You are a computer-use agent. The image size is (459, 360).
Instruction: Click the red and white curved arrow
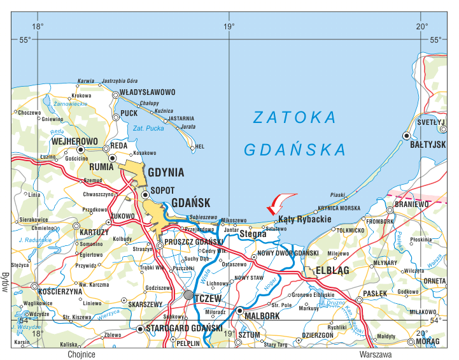click(x=279, y=203)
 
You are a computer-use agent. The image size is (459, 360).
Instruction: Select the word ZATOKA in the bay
click(x=294, y=118)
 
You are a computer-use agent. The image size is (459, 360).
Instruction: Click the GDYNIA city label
click(x=166, y=173)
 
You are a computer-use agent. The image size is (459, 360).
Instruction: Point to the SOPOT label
click(x=162, y=191)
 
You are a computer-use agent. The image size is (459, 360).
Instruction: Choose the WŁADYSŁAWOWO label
click(x=147, y=92)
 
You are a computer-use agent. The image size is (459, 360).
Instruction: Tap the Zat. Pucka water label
click(x=148, y=129)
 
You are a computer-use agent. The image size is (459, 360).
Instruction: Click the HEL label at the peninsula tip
click(x=199, y=147)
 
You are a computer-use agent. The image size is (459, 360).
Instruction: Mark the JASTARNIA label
click(x=181, y=118)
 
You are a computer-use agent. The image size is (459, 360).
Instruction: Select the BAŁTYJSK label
click(x=427, y=145)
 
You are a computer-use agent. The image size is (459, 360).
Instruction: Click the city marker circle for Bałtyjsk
click(x=407, y=136)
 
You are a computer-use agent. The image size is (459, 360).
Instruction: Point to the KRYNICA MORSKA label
click(x=339, y=208)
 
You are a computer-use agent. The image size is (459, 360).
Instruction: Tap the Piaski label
click(x=337, y=194)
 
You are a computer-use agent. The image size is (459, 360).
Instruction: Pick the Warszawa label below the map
click(x=375, y=354)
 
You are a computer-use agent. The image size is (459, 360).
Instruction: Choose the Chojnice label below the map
click(x=80, y=354)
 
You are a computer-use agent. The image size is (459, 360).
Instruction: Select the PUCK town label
click(x=129, y=113)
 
